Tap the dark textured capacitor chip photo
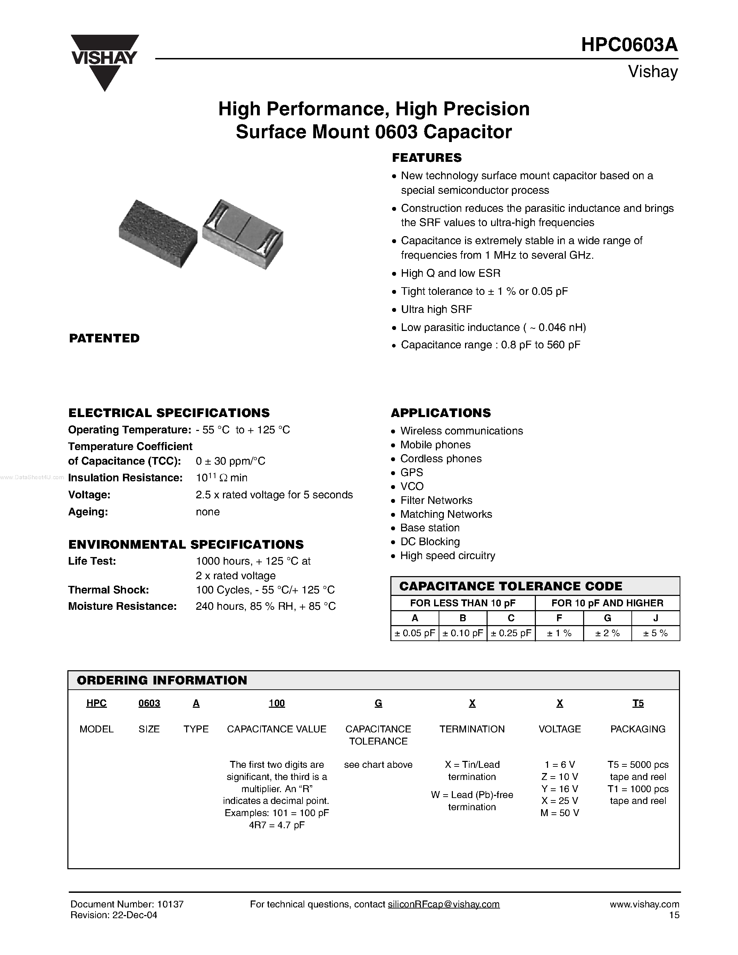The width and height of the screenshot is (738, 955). pos(157,233)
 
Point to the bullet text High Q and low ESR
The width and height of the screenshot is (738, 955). pos(450,273)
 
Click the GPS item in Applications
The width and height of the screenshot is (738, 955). pos(412,472)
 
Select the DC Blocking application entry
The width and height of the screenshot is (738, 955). pos(430,542)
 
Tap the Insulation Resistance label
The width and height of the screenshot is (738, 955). pos(125,478)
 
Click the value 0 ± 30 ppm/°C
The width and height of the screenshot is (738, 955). pos(230,461)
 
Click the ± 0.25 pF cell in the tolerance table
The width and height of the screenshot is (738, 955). pos(511,633)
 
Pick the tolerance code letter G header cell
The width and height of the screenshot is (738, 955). pos(607,618)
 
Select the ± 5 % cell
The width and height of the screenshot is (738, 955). pos(655,633)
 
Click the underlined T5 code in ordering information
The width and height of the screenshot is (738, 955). pos(638,703)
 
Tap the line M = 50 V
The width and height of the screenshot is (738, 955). pos(559,813)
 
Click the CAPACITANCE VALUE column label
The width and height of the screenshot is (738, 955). pos(276,729)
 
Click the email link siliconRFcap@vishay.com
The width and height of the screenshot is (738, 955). pos(443,904)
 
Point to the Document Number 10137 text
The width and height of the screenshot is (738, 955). pos(127,904)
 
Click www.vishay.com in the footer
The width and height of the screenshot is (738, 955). pos(645,904)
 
